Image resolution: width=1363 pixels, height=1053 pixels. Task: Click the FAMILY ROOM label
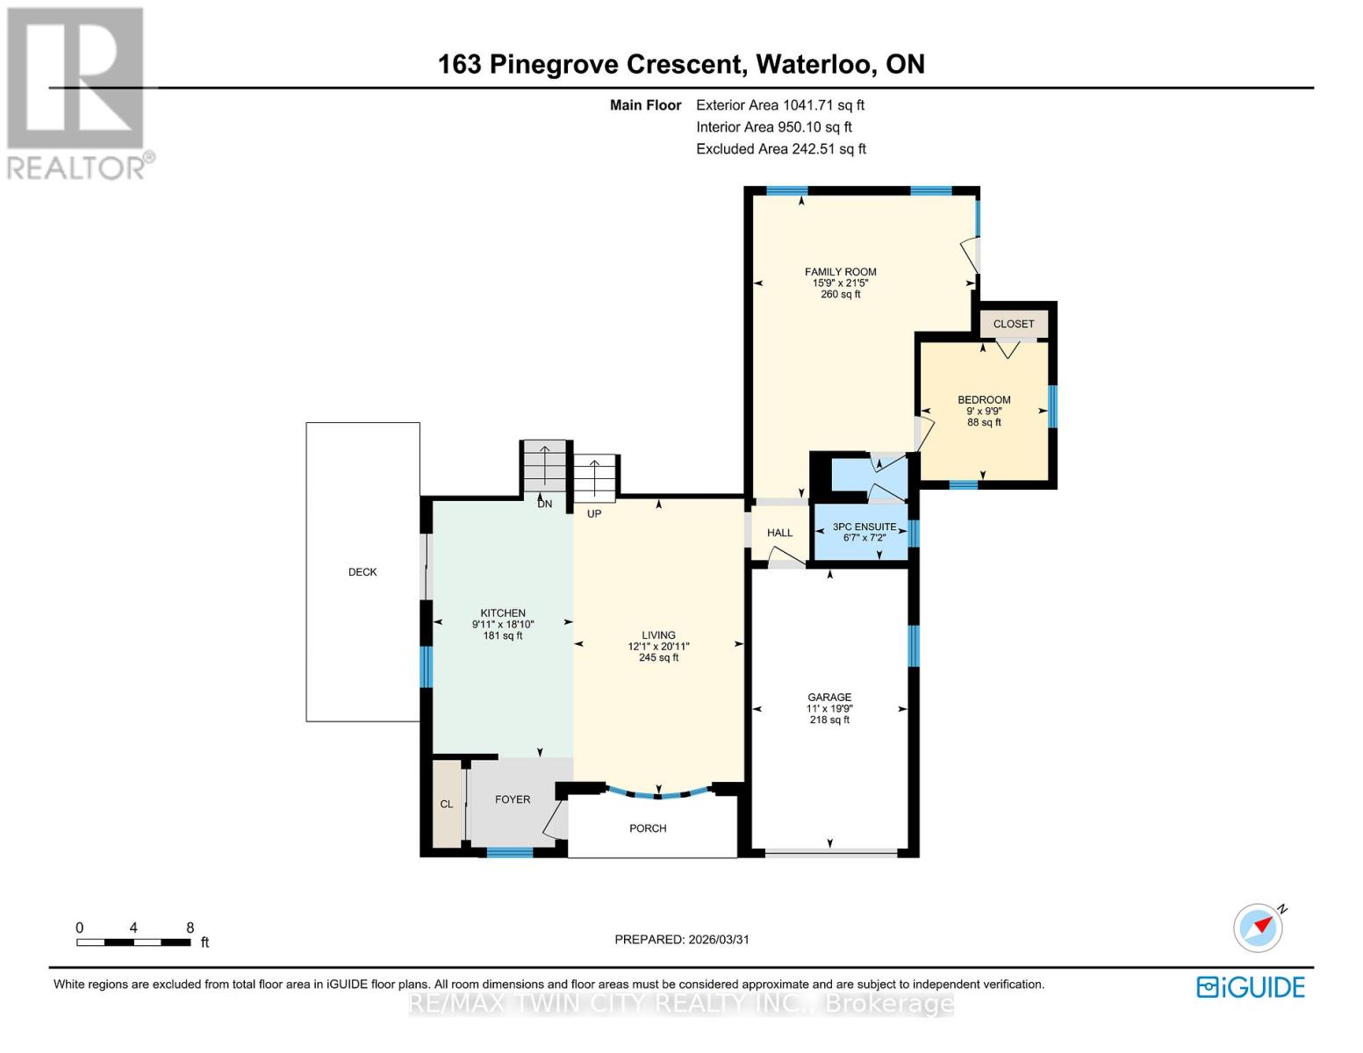840,272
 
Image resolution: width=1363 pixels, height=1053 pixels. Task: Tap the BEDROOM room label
983,400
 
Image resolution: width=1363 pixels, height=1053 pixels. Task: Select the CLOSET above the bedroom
1013,324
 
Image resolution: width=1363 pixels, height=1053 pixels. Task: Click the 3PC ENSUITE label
864,527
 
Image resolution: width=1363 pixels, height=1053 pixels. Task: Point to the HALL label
779,533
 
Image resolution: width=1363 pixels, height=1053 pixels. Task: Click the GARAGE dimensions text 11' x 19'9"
829,709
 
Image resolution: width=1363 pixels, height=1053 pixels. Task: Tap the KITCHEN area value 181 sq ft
502,636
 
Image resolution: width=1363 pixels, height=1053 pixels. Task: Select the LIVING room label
658,635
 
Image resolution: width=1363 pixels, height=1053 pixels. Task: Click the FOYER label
513,799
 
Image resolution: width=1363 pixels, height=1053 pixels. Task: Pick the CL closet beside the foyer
447,804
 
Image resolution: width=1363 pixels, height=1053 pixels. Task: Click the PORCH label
648,828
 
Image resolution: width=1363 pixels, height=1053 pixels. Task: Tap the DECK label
362,572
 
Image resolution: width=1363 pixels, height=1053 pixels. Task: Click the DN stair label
544,505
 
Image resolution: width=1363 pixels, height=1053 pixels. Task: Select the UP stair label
594,513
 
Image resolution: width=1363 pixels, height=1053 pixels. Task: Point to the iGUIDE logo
1251,987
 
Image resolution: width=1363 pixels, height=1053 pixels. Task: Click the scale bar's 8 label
190,928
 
